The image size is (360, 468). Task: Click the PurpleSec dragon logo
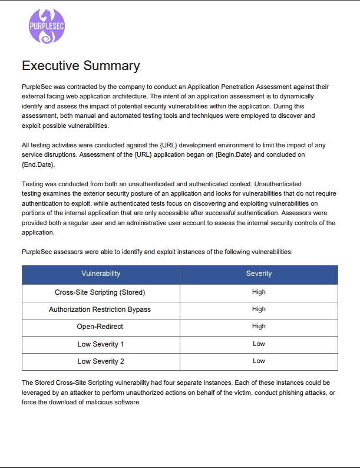(x=47, y=26)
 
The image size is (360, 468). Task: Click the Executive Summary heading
(x=81, y=65)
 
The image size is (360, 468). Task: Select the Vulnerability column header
(x=101, y=273)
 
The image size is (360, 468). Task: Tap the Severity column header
(x=259, y=273)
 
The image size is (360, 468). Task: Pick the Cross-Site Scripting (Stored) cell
(x=100, y=292)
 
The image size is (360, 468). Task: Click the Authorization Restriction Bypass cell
(x=100, y=309)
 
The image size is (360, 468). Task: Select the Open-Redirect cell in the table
(x=100, y=327)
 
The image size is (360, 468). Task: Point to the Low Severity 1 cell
(x=100, y=344)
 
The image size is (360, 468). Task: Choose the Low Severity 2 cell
(x=100, y=361)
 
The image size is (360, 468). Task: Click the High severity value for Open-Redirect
(x=259, y=326)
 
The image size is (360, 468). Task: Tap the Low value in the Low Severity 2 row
(x=259, y=361)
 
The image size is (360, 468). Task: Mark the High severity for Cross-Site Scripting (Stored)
(x=259, y=292)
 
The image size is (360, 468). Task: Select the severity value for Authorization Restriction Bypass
(x=259, y=309)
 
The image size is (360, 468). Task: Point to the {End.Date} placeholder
(x=38, y=164)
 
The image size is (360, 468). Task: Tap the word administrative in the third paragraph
(x=164, y=223)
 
